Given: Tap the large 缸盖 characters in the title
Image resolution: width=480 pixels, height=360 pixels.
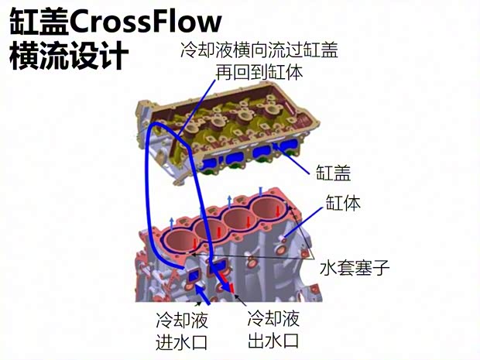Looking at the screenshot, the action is point(39,22).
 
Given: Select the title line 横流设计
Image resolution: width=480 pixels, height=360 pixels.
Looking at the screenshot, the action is point(69,56).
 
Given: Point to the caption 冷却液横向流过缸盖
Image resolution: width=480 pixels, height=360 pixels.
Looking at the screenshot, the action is point(259,50).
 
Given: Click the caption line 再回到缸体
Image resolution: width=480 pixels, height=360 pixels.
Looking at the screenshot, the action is point(259,72).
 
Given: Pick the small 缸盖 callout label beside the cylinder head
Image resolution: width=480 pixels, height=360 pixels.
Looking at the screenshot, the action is point(334,173).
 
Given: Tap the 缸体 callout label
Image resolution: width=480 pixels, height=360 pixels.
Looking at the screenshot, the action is point(343,202).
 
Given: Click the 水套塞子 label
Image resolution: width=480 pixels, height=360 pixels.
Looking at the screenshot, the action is point(355,267).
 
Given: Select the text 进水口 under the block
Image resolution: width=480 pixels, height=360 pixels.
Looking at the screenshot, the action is point(181,342).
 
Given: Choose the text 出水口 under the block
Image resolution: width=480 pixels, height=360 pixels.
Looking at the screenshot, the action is point(273,341).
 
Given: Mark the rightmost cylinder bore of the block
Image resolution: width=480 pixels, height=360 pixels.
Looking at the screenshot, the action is point(268,208).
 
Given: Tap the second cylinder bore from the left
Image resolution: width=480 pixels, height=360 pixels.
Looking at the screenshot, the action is point(209,230).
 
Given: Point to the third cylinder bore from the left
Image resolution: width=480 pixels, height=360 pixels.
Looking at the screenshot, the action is point(239,219).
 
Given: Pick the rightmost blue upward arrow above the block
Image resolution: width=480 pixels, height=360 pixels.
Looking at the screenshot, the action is point(260,191).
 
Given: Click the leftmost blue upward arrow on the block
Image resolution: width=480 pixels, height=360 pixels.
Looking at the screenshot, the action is point(172,224).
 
